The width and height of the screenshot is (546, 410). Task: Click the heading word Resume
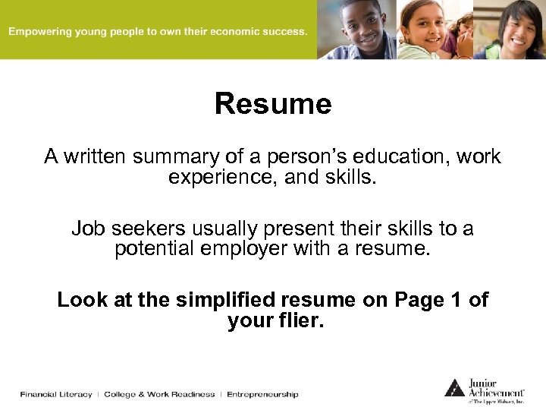click(273, 104)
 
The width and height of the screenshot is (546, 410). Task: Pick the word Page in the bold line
click(419, 300)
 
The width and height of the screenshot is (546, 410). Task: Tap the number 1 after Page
click(456, 300)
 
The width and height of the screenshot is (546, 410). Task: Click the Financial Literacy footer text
click(56, 394)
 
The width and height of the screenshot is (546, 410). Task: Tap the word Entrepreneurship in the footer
click(262, 394)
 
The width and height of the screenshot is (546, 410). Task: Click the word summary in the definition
click(176, 156)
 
